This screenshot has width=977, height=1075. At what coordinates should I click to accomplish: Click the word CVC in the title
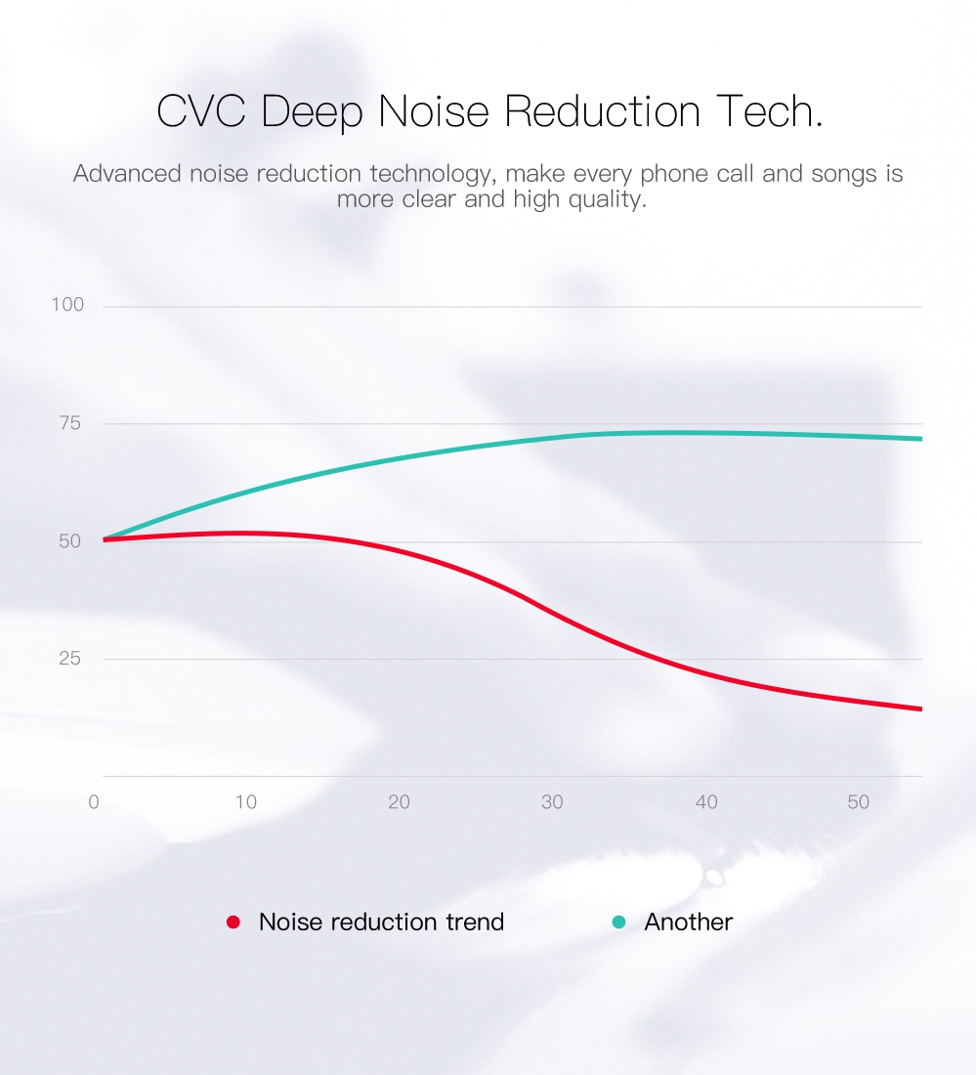(x=201, y=111)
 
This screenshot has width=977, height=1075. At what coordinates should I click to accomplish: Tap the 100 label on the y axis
(x=67, y=304)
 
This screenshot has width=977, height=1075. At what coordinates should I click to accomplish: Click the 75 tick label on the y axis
(x=70, y=423)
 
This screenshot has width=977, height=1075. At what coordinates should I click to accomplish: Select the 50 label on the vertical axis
(x=70, y=541)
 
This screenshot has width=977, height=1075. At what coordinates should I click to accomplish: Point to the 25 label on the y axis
(x=70, y=659)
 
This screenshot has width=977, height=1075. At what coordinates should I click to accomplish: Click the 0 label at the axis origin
(x=94, y=802)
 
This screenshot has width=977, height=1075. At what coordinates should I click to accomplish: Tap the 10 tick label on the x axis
(x=246, y=802)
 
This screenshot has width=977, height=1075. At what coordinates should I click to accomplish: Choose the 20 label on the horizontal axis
(x=399, y=802)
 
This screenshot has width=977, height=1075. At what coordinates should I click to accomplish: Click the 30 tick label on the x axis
(x=552, y=802)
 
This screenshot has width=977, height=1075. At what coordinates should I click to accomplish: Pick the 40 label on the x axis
(x=706, y=802)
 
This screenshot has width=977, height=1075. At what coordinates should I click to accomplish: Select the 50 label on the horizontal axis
(x=859, y=802)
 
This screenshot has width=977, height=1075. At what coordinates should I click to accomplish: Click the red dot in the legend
(x=234, y=923)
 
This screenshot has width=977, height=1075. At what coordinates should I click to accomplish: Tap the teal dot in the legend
(x=618, y=923)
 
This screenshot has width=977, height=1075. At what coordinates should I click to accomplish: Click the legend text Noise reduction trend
(x=381, y=923)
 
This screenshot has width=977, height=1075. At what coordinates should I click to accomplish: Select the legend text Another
(x=689, y=923)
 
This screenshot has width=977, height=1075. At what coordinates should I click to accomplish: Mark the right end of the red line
(x=921, y=709)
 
